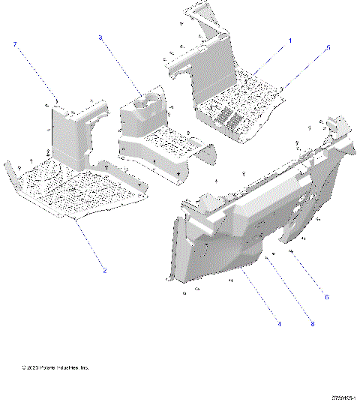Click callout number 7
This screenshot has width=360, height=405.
tap(14, 45)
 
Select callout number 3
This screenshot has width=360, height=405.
tap(100, 37)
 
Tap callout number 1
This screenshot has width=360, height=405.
tap(291, 40)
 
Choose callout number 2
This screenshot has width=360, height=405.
tap(104, 270)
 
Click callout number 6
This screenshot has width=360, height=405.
tap(326, 298)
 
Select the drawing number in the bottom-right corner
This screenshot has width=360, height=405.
tap(341, 398)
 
